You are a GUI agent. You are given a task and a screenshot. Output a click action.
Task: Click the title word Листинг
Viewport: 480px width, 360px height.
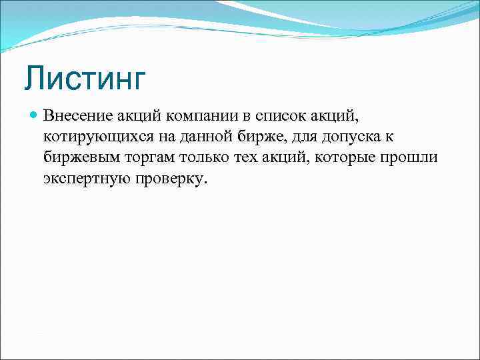[x=85, y=78]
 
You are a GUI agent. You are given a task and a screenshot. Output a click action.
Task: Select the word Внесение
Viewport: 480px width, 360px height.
[x=73, y=116]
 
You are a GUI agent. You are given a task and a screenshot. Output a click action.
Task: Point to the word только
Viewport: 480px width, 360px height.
[x=205, y=159]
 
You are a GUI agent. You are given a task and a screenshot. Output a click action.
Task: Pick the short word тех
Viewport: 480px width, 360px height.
[x=249, y=159]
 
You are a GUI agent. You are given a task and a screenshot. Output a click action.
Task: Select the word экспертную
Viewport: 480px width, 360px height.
[x=87, y=180]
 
